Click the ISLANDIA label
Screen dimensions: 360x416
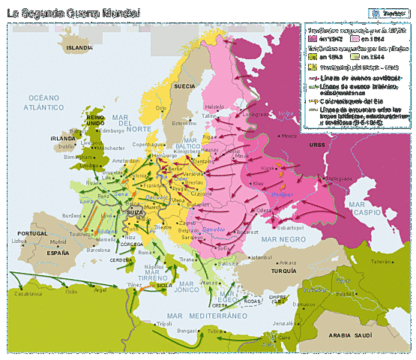coord(80,46)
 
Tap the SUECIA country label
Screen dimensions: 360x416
coord(184,87)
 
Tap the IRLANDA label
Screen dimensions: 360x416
coord(63,139)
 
